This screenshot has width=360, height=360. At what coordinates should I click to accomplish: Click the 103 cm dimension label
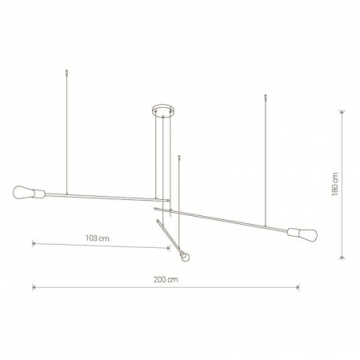point(97,238)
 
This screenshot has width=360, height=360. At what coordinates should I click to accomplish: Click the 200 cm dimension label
point(166,279)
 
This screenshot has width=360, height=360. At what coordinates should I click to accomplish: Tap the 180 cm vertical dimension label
point(335,184)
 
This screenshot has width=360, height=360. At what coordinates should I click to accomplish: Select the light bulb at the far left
point(24,192)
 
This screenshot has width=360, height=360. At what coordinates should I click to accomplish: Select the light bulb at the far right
point(307,235)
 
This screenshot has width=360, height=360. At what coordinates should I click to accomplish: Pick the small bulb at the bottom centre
point(185,257)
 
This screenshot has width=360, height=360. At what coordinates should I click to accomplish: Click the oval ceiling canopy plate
point(162,110)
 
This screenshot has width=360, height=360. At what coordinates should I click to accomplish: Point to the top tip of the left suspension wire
point(66,70)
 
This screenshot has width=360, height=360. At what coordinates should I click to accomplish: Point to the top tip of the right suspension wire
point(265,95)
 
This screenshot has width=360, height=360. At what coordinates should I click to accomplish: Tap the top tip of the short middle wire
point(179,156)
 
